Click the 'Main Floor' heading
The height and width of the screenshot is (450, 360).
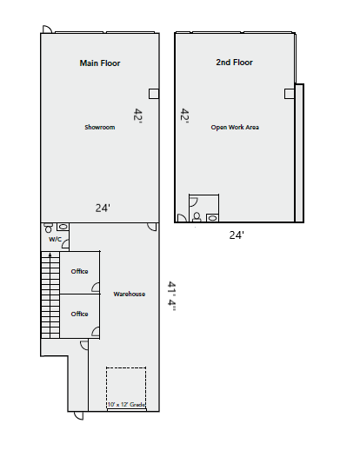100,63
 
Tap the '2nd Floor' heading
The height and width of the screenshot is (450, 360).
234,63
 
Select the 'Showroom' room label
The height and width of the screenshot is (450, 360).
100,128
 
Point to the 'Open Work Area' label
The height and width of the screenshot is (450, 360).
235,128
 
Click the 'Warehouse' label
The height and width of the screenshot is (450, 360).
129,294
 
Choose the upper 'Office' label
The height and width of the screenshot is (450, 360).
79,272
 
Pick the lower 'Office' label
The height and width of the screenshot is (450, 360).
79,314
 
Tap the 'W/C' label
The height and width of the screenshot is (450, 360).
55,239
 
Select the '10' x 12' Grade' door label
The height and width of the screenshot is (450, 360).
126,405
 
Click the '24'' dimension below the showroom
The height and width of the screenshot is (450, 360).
103,208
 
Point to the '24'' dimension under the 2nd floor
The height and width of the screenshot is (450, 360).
237,235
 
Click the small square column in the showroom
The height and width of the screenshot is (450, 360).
154,93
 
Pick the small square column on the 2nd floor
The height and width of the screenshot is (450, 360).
288,93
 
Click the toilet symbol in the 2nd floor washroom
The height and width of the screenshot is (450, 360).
198,215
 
